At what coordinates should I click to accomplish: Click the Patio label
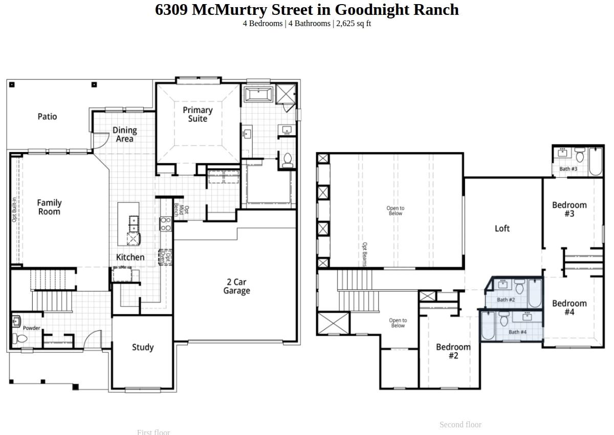coord(47,117)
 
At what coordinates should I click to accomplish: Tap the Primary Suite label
coord(198,114)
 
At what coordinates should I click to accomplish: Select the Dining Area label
coord(124,135)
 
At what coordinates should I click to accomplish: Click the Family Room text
coord(49,207)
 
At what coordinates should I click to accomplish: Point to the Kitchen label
coord(130,257)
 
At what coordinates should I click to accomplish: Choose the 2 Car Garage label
coord(236,287)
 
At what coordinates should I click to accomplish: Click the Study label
coord(143,347)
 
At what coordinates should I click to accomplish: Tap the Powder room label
coord(31,328)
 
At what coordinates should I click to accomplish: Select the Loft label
coord(502,229)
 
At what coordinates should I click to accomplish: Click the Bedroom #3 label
coord(569,209)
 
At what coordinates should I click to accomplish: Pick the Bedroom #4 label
coord(569,308)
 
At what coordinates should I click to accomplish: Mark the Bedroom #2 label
coord(453,352)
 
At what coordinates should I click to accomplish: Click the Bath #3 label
coord(568,169)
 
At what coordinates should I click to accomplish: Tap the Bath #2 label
coord(506,300)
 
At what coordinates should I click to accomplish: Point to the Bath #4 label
coord(517,332)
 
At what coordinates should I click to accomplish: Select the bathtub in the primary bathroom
coord(259,95)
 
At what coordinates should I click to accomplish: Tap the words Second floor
coord(460,425)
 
